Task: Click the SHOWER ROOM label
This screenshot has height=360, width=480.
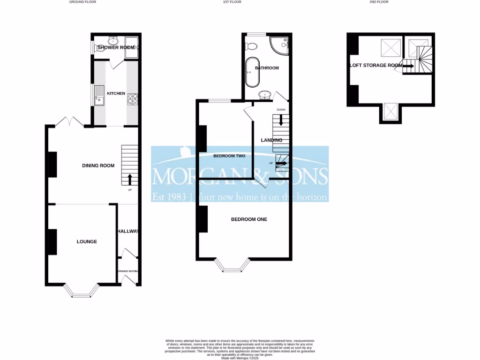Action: coord(116,47)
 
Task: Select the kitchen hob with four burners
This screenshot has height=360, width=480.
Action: coord(133,98)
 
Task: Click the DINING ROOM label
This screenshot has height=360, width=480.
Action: coord(98,165)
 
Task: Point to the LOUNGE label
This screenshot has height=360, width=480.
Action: coord(87,242)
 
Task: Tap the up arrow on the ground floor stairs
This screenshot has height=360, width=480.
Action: coord(130,179)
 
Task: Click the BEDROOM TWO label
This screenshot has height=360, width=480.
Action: coord(229,156)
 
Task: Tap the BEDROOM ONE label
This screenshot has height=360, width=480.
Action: coord(249,219)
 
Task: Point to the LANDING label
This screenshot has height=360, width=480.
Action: coord(271,140)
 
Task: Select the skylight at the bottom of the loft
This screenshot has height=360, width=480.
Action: coord(390,111)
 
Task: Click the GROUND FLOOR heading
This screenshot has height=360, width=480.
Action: coord(82,2)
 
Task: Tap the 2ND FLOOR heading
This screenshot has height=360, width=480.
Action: coord(379,2)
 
